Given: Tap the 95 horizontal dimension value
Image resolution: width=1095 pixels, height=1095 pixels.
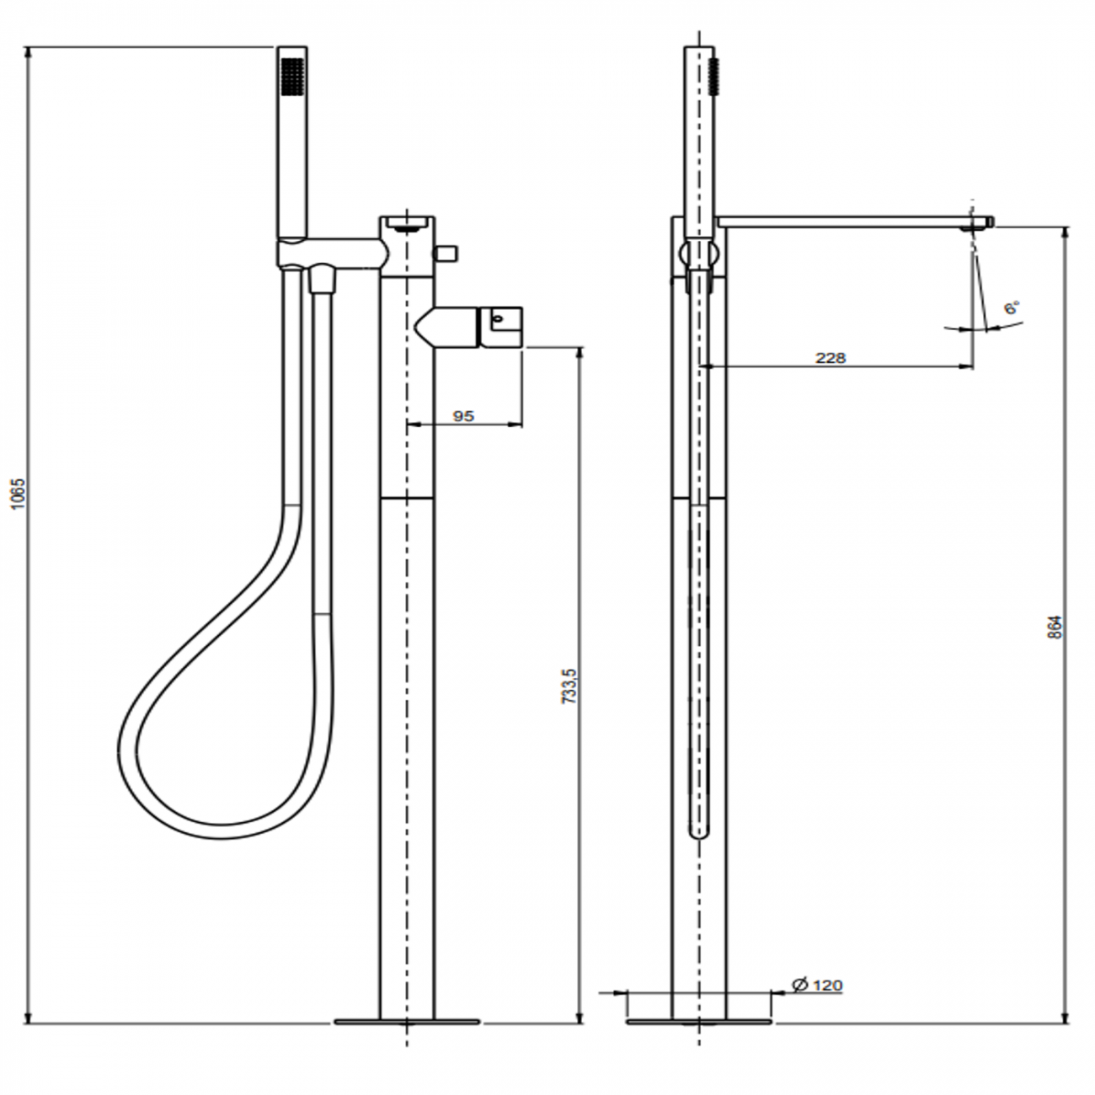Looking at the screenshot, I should [x=463, y=415].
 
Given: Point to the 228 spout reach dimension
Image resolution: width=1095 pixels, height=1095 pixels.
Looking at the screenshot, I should [x=830, y=357].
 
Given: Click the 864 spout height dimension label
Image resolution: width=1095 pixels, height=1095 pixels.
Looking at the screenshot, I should [x=1055, y=627].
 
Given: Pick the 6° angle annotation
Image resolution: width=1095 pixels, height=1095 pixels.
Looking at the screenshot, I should [x=1012, y=308].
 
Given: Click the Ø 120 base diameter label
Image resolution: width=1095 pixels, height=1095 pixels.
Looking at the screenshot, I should [x=817, y=985].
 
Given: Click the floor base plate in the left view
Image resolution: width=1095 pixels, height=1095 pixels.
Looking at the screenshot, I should [x=407, y=1023].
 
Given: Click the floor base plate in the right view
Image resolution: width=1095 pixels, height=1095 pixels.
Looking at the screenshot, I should [x=698, y=1023].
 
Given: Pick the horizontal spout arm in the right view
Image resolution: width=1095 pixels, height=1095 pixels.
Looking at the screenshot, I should [x=842, y=222].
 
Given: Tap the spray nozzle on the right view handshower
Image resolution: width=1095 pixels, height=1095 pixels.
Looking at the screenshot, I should [x=717, y=76].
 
